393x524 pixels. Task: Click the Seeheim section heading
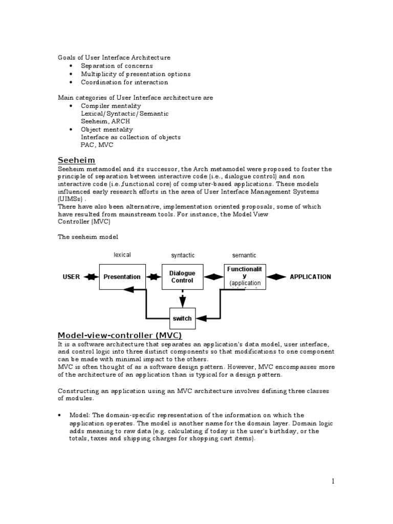click(x=76, y=161)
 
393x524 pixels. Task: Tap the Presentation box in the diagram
click(x=122, y=277)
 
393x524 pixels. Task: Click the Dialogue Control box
click(x=182, y=277)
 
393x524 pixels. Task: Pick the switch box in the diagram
click(x=182, y=318)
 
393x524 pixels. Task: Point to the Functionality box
click(x=245, y=276)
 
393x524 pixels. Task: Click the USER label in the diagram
click(x=71, y=277)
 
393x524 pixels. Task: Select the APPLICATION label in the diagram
click(x=310, y=277)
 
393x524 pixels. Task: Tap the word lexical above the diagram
click(x=122, y=255)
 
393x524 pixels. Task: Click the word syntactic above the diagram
click(x=183, y=255)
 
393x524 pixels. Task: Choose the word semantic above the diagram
click(x=244, y=255)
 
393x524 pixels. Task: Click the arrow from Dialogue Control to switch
click(x=182, y=298)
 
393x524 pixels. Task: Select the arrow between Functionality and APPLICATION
click(x=276, y=277)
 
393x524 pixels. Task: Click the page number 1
click(x=332, y=481)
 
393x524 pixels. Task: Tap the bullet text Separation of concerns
click(x=117, y=66)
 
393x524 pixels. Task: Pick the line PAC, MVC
click(x=98, y=145)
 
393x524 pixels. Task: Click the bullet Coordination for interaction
click(x=124, y=82)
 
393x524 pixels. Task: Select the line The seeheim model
click(x=88, y=236)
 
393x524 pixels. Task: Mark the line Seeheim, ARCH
click(x=105, y=121)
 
